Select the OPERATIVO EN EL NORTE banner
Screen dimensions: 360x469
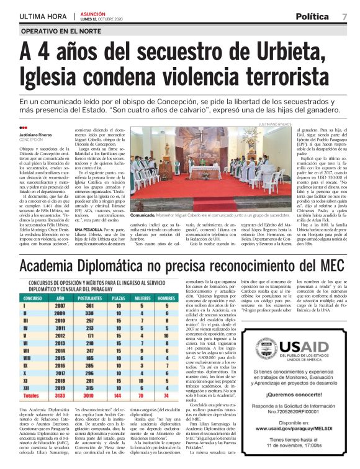61,30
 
